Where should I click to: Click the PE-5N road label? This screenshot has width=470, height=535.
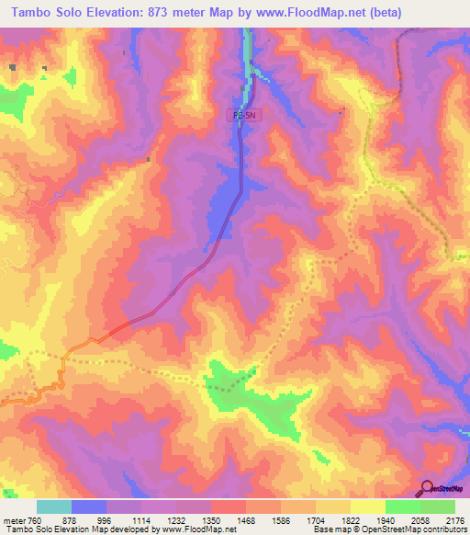(241, 116)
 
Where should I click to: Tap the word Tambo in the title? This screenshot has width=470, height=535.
(27, 11)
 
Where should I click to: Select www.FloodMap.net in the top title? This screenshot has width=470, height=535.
(333, 11)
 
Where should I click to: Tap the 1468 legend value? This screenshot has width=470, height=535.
(245, 520)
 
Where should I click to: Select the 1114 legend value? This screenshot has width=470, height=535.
(141, 520)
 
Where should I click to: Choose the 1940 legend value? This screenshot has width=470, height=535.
(385, 520)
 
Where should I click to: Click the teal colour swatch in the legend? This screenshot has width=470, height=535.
(54, 507)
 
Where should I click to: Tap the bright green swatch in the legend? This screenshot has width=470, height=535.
(402, 507)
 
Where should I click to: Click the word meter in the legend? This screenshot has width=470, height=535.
(15, 520)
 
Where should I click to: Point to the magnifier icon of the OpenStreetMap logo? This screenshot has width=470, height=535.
(428, 488)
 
